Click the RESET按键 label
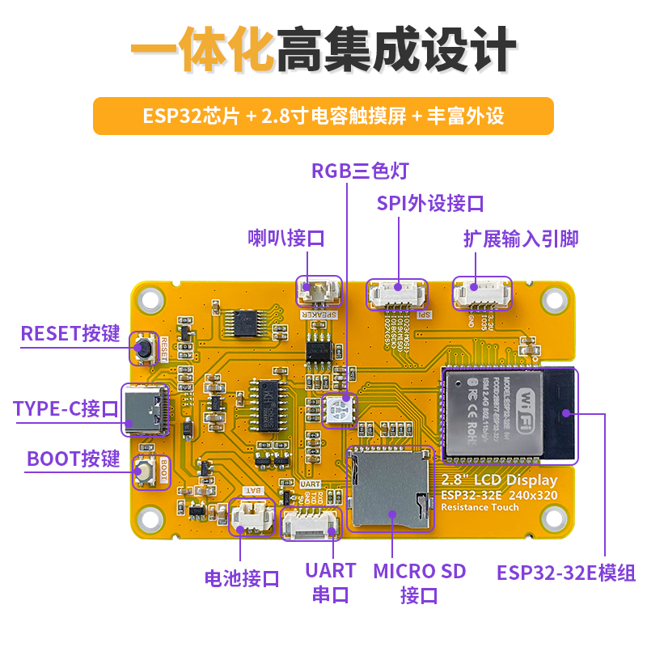point(70,334)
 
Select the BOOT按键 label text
point(74,459)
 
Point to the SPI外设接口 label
point(430,203)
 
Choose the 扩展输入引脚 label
point(521,239)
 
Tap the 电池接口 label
point(242,578)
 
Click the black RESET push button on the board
point(145,349)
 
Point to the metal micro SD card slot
point(389,489)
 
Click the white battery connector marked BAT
point(252,517)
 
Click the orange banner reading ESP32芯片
point(323,116)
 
